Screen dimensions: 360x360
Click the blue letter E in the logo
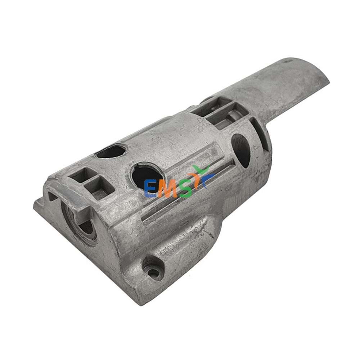[150, 189]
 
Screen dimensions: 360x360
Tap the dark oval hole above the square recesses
[111, 151]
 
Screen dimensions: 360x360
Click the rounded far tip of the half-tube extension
[317, 74]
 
